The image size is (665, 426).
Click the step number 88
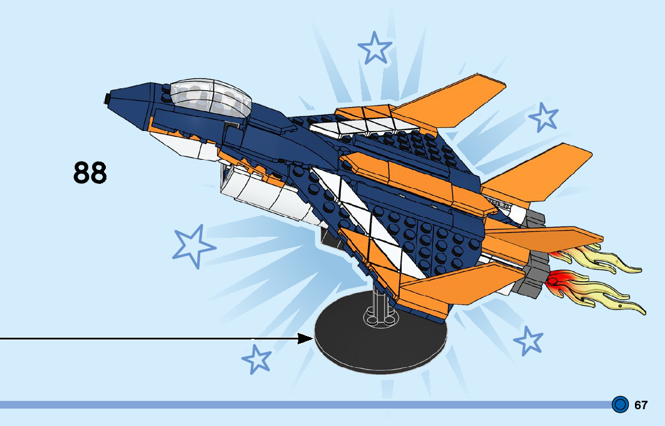tap(90, 172)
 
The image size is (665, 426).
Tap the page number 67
tap(641, 405)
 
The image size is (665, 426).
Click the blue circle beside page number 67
tap(620, 404)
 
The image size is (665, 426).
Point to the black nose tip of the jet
tap(108, 97)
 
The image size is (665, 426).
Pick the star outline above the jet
tap(375, 48)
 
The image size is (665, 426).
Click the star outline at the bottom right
tap(529, 341)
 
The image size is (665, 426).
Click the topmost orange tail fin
tap(457, 99)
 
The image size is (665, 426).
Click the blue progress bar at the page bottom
tap(301, 405)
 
